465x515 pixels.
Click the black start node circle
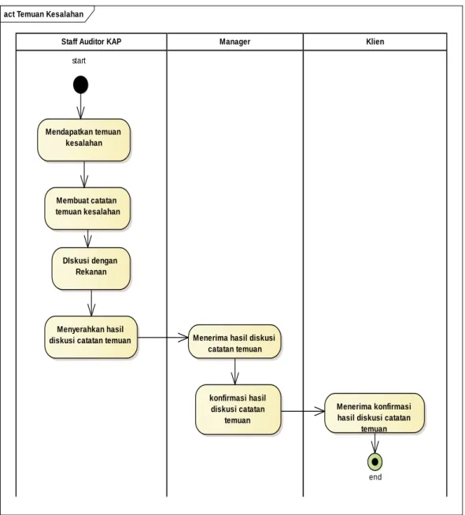(81, 85)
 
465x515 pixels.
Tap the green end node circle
(375, 461)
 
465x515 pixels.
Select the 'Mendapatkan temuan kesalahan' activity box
(83, 140)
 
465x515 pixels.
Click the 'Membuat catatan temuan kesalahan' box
(87, 209)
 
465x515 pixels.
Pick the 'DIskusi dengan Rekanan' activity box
(91, 269)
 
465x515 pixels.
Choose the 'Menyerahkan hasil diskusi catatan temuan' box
(91, 337)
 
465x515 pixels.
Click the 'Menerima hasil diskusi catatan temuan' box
(234, 342)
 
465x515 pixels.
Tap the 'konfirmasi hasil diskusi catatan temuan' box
(238, 409)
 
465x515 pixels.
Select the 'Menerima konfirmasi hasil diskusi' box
(375, 413)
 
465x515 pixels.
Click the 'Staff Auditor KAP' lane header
(91, 42)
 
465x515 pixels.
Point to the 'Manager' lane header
(235, 42)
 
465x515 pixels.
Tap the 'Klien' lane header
(375, 42)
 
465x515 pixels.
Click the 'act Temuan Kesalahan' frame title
(43, 14)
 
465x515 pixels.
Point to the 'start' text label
(79, 61)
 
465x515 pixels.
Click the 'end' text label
(375, 477)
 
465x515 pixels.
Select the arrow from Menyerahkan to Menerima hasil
(163, 337)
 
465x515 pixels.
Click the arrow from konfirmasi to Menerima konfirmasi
(303, 411)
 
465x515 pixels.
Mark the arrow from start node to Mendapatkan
(81, 106)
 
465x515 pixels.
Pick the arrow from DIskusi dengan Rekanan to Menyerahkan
(91, 303)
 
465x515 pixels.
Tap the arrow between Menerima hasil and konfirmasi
(234, 372)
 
